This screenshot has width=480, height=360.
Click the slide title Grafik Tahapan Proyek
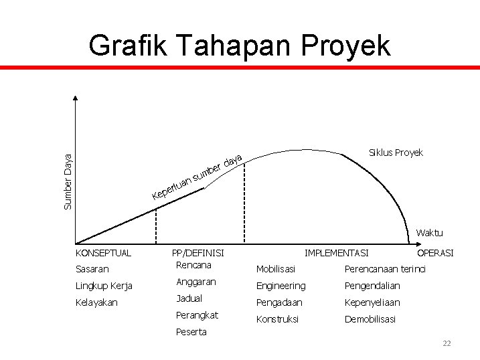pyautogui.click(x=239, y=46)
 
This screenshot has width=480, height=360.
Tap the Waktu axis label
pyautogui.click(x=429, y=233)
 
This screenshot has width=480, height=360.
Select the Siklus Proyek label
pyautogui.click(x=396, y=153)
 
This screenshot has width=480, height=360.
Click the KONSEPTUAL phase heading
pyautogui.click(x=104, y=253)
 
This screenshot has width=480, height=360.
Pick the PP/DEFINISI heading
pyautogui.click(x=198, y=253)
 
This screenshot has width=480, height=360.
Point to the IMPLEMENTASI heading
pyautogui.click(x=336, y=253)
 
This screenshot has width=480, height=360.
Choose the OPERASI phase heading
pyautogui.click(x=435, y=253)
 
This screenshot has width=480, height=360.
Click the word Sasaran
pyautogui.click(x=92, y=269)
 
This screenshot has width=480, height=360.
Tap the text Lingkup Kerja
pyautogui.click(x=104, y=286)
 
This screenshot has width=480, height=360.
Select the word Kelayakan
pyautogui.click(x=96, y=302)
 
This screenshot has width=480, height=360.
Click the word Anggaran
pyautogui.click(x=195, y=282)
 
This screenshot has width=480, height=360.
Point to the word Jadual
pyautogui.click(x=189, y=298)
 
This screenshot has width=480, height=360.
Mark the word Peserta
pyautogui.click(x=191, y=332)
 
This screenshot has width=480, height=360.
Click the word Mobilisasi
pyautogui.click(x=276, y=269)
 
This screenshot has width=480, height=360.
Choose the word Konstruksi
pyautogui.click(x=278, y=319)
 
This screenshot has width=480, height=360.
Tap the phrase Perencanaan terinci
pyautogui.click(x=385, y=269)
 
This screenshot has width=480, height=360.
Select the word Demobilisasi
pyautogui.click(x=370, y=319)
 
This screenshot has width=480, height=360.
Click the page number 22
pyautogui.click(x=447, y=343)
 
